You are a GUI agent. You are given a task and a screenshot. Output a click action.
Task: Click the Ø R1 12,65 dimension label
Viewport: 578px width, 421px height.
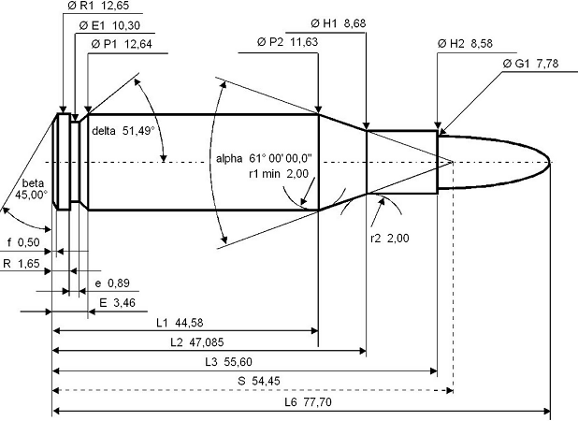[x=98, y=6]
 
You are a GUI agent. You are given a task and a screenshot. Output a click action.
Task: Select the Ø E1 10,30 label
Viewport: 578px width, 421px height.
[x=109, y=25]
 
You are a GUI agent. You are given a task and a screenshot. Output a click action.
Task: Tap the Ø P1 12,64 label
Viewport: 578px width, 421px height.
[x=122, y=44]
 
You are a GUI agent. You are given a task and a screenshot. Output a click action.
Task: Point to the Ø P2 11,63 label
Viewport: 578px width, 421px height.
[x=287, y=42]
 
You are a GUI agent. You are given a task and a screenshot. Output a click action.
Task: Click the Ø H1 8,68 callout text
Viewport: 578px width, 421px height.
[x=339, y=23]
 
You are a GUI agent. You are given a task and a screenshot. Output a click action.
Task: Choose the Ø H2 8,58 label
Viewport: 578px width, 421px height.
[x=465, y=43]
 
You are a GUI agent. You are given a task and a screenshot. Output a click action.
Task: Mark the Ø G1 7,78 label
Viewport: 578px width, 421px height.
[x=531, y=64]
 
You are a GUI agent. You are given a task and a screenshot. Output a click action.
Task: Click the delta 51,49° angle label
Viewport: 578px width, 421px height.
[x=123, y=131]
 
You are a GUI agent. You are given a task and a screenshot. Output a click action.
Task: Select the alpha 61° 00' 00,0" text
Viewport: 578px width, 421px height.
[x=264, y=158]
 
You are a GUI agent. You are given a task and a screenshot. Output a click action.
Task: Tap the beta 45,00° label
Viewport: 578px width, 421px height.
[x=32, y=189]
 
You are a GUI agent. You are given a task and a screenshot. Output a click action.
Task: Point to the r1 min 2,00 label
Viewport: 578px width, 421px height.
[x=279, y=173]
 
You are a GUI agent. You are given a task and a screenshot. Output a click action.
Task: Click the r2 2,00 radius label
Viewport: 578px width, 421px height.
[x=390, y=239]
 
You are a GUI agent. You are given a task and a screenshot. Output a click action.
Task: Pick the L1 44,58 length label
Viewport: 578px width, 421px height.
[x=180, y=323]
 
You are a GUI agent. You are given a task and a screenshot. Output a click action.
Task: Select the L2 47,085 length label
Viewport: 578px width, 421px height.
[x=196, y=342]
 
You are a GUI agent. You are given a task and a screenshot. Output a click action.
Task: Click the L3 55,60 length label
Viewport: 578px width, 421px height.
[x=228, y=362]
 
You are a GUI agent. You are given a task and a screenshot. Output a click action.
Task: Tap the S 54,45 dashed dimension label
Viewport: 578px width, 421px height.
[x=259, y=381]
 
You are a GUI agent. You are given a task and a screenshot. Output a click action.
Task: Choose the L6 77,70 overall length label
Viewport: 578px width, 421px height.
[x=308, y=402]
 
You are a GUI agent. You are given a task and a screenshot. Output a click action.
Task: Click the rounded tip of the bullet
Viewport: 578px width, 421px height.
[x=550, y=162]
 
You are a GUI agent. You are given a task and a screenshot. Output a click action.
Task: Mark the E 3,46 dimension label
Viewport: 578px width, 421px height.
[x=118, y=303]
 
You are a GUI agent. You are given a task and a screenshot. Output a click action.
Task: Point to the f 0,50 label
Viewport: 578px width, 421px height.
[x=23, y=242]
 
